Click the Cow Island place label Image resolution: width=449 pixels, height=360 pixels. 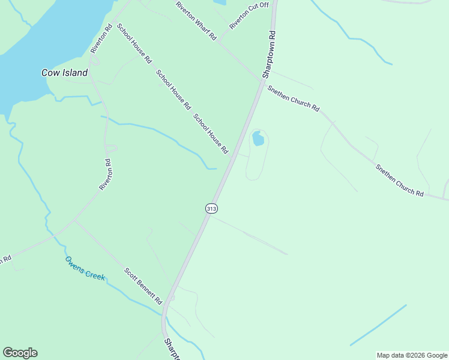pyautogui.click(x=64, y=73)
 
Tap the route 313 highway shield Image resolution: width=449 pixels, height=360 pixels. pyautogui.click(x=211, y=208)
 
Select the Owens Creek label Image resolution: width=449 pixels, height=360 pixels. pyautogui.click(x=85, y=268)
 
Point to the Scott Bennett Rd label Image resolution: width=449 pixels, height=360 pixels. pyautogui.click(x=143, y=285)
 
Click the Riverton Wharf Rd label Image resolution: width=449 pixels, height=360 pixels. pyautogui.click(x=196, y=20)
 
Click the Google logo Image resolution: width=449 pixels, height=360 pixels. pyautogui.click(x=20, y=353)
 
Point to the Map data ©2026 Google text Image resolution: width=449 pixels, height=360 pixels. pyautogui.click(x=412, y=355)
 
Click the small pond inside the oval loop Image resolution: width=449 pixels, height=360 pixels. pyautogui.click(x=258, y=139)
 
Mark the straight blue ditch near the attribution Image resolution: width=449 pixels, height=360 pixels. pyautogui.click(x=378, y=325)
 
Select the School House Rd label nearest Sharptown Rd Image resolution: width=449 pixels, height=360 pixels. pyautogui.click(x=211, y=133)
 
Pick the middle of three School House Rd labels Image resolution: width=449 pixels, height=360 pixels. pyautogui.click(x=173, y=90)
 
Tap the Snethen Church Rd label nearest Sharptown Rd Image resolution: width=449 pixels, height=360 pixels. pyautogui.click(x=294, y=97)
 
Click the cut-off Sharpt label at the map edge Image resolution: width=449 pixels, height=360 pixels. pyautogui.click(x=172, y=350)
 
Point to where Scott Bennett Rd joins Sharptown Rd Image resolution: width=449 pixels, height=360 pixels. pyautogui.click(x=165, y=305)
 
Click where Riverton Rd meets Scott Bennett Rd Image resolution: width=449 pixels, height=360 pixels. pyautogui.click(x=74, y=220)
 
